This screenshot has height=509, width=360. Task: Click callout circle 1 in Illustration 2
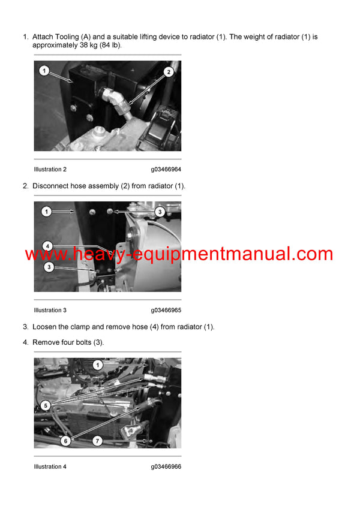(44, 71)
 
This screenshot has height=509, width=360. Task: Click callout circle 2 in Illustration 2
(169, 72)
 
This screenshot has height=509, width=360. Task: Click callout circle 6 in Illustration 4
(66, 441)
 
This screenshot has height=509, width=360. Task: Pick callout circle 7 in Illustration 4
(97, 441)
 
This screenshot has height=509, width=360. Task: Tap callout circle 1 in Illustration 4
(98, 365)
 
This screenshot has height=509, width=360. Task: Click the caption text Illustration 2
(50, 170)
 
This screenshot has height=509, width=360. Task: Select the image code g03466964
(166, 170)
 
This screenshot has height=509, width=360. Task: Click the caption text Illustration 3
(50, 310)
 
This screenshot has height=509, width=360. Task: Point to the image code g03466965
(166, 310)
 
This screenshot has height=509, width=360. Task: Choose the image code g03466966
(166, 466)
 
